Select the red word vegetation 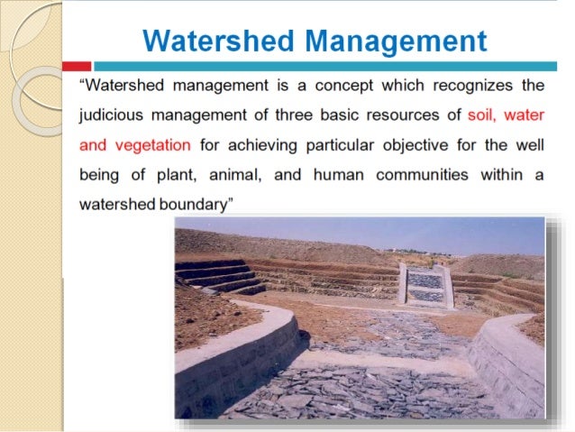point(151,145)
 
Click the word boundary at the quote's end point(193,203)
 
